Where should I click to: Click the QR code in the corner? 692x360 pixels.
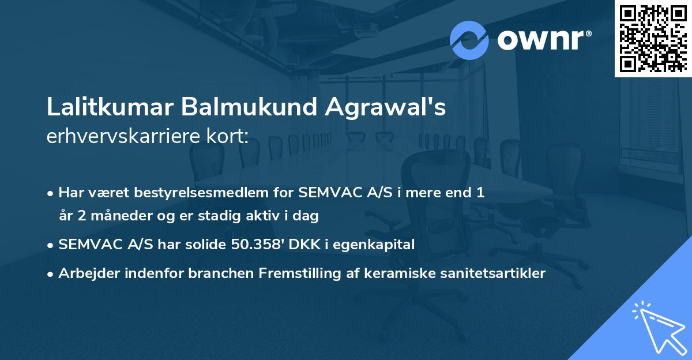pos(653,38)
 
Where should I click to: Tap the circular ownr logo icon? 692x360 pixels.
pos(469,40)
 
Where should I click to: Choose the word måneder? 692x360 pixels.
pos(117,216)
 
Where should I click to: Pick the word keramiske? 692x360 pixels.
pos(393,273)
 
